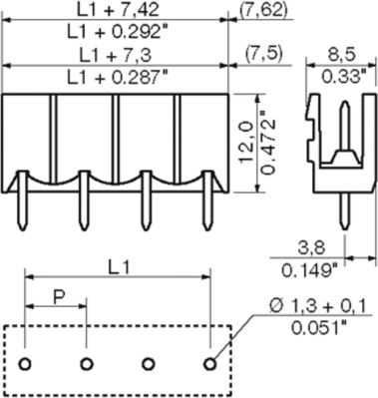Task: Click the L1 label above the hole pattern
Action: [119, 268]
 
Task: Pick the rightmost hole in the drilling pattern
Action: [210, 362]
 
